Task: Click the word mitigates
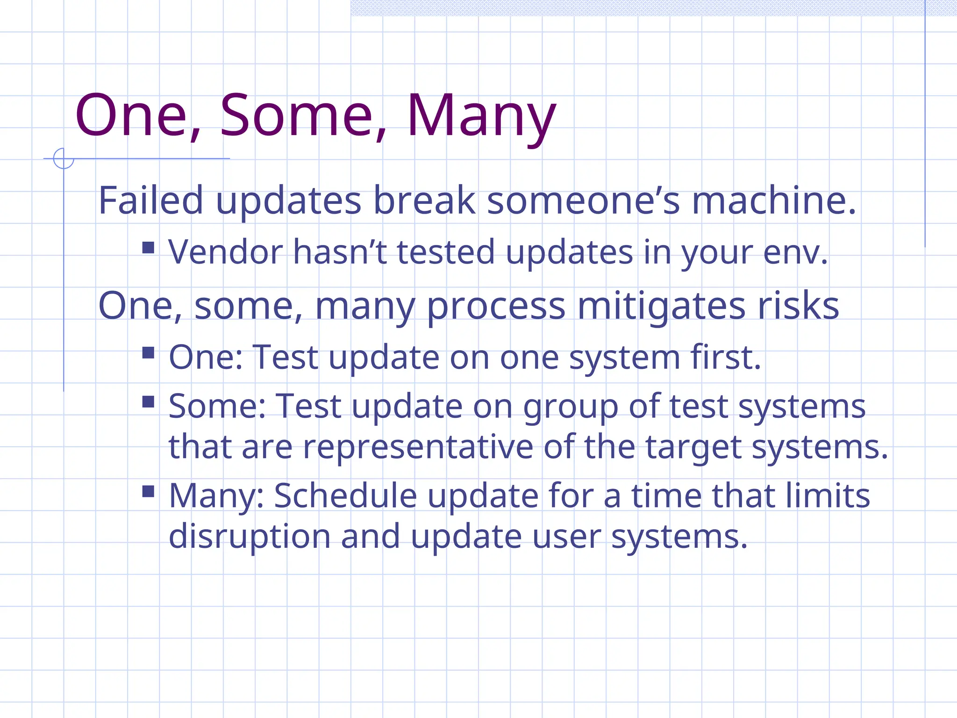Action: click(661, 306)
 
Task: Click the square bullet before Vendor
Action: click(148, 248)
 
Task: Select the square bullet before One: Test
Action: click(148, 352)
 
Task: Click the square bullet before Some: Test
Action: click(148, 402)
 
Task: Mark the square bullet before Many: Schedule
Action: click(148, 491)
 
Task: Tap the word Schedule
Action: click(345, 495)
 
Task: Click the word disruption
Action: click(250, 536)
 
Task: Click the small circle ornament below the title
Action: click(64, 158)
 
